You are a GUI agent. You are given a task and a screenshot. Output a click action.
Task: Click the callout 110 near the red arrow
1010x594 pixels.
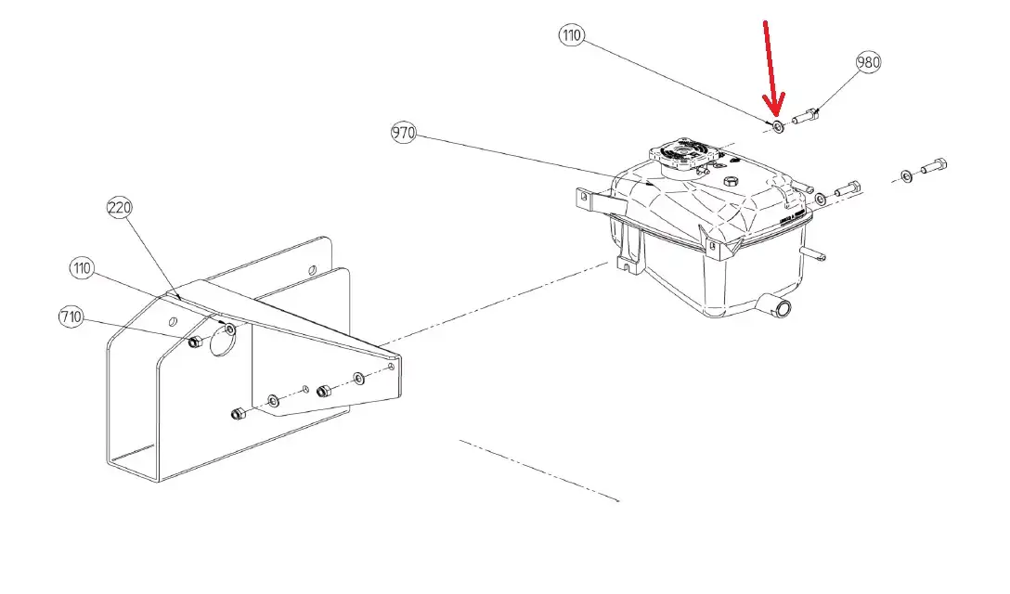point(571,34)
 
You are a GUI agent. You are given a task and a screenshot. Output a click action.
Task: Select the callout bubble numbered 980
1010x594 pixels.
point(868,62)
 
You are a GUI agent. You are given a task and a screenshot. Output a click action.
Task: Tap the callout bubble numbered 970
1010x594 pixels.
point(404,133)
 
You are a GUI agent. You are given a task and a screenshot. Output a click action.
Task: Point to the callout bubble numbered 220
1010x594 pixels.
point(119,208)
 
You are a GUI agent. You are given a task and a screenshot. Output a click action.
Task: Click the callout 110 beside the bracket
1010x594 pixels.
point(82,268)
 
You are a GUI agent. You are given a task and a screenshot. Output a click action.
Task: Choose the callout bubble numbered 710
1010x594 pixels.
point(71,317)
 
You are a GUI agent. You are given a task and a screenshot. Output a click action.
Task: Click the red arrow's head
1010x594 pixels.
point(773,107)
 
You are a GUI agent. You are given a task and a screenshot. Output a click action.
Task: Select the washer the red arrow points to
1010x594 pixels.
point(778,126)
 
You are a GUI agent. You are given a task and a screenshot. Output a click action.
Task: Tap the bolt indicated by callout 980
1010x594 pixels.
point(805,117)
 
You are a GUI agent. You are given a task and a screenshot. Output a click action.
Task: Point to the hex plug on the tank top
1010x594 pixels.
point(731,181)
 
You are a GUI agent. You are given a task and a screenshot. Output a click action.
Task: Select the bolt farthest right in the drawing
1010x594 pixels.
point(934,166)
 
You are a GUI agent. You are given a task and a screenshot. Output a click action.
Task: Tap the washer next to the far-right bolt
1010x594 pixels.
point(906,176)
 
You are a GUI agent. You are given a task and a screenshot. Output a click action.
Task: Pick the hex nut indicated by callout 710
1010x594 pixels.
point(195,342)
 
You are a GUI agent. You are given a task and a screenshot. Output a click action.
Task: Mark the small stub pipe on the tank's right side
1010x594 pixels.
point(813,253)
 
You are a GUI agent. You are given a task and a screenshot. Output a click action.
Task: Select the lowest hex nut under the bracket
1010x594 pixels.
point(238,414)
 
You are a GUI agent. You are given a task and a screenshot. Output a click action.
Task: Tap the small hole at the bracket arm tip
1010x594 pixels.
point(391,367)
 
